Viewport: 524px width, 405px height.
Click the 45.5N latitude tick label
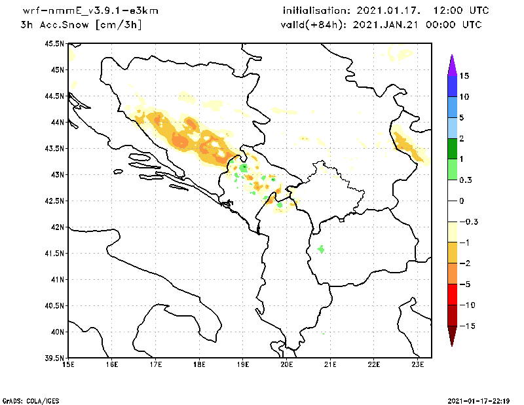54,43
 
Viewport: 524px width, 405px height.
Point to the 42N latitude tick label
57,227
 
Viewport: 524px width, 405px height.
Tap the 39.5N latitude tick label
54,358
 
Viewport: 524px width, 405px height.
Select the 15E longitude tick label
67,365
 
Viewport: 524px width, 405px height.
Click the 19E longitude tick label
243,365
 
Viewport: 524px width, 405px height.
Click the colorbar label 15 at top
464,76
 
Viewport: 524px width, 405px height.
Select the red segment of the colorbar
452,294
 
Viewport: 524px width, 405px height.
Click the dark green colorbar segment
452,149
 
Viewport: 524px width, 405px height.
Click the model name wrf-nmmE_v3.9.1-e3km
90,12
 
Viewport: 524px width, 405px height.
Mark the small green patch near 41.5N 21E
321,249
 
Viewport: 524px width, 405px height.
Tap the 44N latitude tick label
57,122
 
